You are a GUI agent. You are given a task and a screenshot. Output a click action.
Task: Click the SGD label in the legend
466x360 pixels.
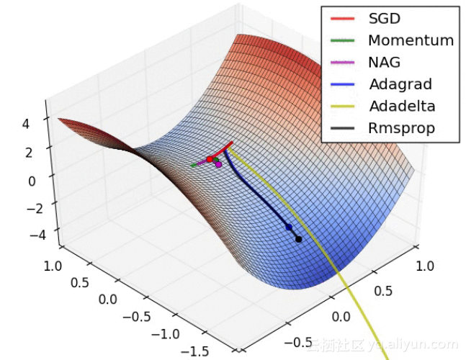(x=384, y=19)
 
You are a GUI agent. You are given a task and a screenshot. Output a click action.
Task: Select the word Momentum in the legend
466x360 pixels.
(x=411, y=40)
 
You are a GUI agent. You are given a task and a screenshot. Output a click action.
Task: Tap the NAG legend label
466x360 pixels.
(x=384, y=63)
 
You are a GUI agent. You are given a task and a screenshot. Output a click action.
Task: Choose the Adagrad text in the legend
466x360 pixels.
(x=398, y=84)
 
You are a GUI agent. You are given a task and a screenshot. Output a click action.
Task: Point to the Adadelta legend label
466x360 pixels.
(x=402, y=107)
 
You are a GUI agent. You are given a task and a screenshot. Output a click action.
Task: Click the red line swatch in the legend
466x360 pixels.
(x=343, y=19)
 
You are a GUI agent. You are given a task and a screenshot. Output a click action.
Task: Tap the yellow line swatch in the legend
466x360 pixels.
(x=343, y=107)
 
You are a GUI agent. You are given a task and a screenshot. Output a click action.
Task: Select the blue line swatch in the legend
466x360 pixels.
(x=343, y=85)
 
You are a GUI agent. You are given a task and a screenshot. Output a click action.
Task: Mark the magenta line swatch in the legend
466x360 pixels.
(x=343, y=63)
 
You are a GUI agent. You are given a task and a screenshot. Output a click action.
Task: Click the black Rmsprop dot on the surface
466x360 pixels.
(x=298, y=239)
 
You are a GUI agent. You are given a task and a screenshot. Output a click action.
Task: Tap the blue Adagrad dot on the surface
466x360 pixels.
(x=289, y=227)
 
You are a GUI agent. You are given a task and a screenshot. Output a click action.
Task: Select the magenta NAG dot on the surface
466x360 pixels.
(x=218, y=165)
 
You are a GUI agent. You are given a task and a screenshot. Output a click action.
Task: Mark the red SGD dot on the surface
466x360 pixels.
(x=210, y=159)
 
